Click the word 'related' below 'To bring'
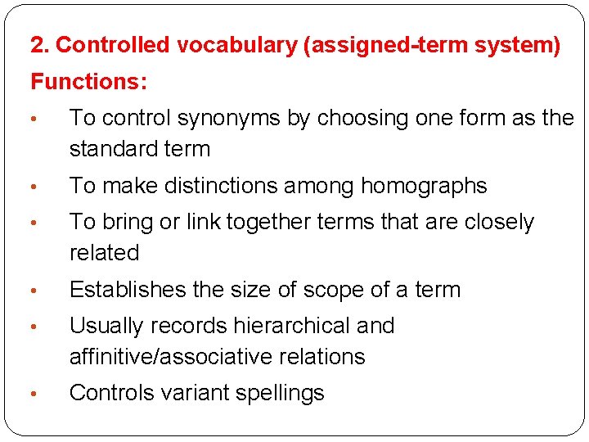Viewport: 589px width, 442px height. [x=104, y=253]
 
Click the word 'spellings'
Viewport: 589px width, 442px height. [x=280, y=393]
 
